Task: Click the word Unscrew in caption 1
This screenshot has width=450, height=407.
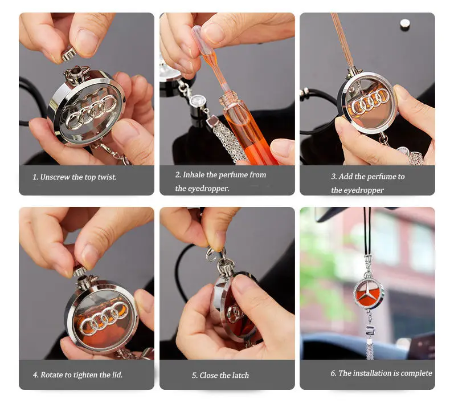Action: coord(55,177)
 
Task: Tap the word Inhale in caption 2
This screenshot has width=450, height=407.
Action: coord(195,175)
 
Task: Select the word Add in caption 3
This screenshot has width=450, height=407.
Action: coord(347,177)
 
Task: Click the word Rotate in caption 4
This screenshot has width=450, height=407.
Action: coord(53,375)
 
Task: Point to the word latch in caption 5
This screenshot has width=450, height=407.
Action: coord(240,376)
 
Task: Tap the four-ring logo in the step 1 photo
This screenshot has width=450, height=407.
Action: coord(91,109)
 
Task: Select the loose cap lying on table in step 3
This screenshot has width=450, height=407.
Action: coord(405,24)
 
